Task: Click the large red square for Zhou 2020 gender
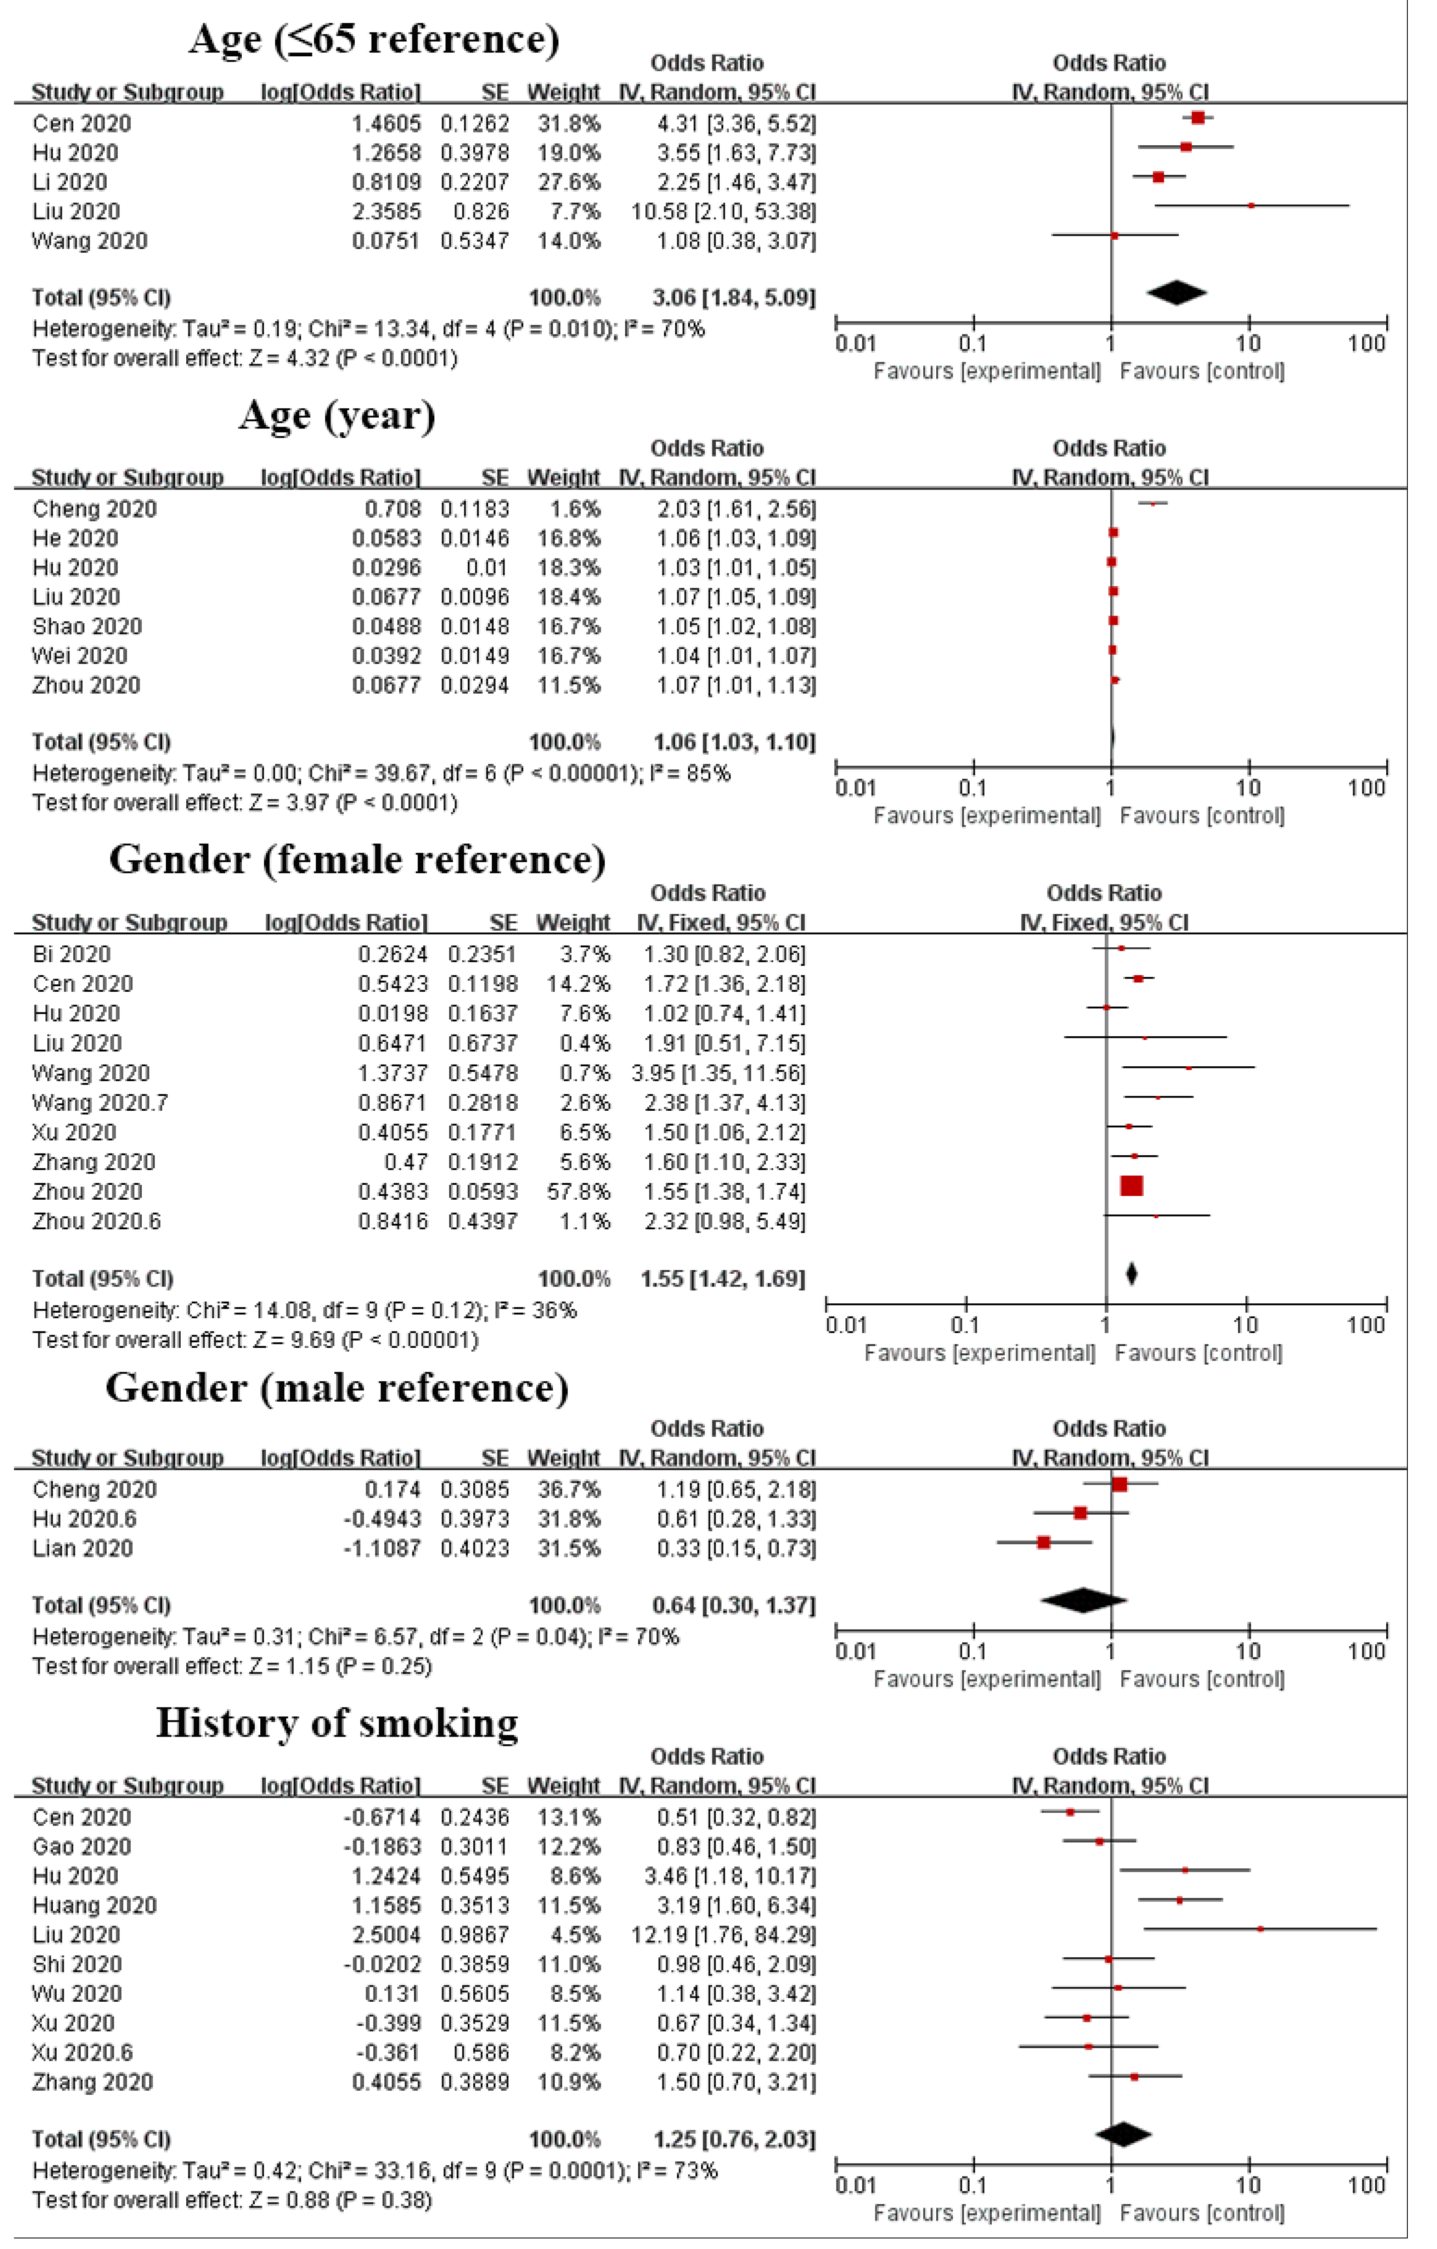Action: pyautogui.click(x=1132, y=1186)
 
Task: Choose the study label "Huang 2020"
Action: pyautogui.click(x=94, y=1905)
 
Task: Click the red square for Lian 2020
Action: pyautogui.click(x=1044, y=1542)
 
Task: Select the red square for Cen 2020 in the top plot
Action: pyautogui.click(x=1198, y=118)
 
